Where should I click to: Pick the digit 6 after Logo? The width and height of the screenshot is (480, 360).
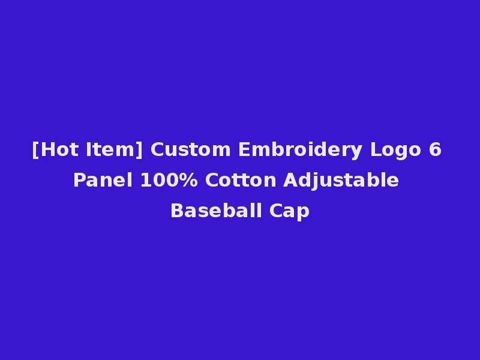(435, 149)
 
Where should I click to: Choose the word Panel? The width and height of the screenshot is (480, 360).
(103, 180)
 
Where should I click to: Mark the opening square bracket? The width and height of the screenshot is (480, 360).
(35, 150)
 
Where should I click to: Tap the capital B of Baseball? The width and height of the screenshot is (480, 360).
(176, 211)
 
